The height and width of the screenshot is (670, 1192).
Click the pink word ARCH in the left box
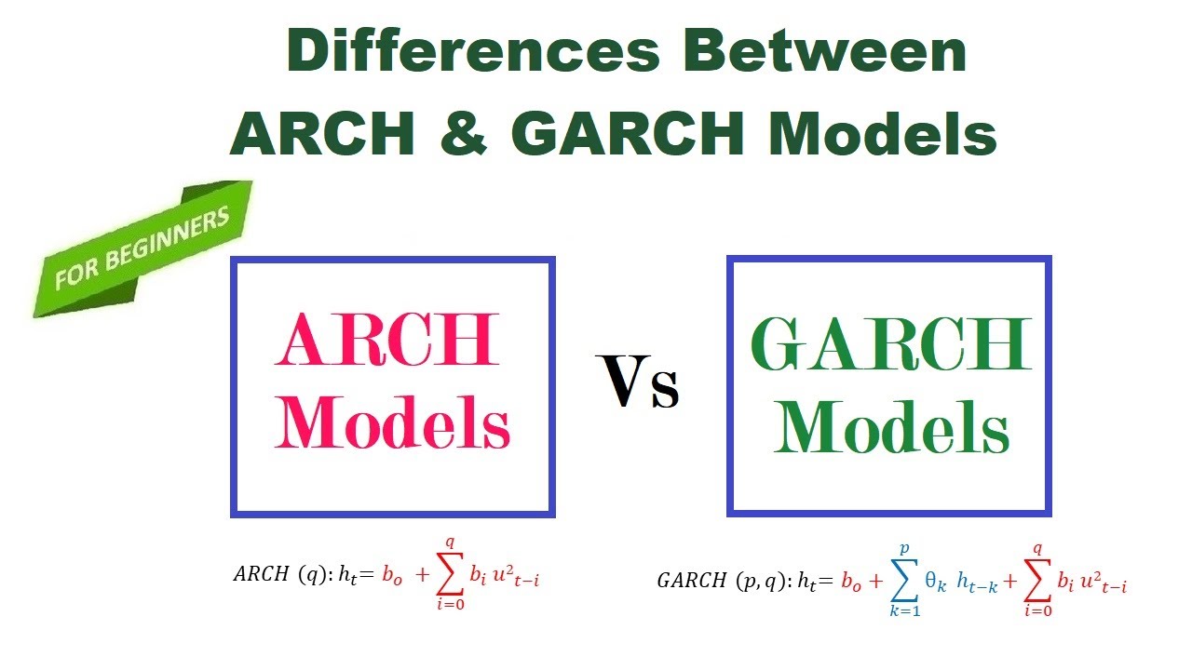(x=386, y=342)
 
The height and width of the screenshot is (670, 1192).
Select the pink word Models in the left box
(x=393, y=423)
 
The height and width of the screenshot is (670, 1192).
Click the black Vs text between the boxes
(x=640, y=383)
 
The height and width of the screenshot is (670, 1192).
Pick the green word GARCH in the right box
(x=891, y=345)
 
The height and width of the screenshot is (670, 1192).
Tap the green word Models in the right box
(x=891, y=429)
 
